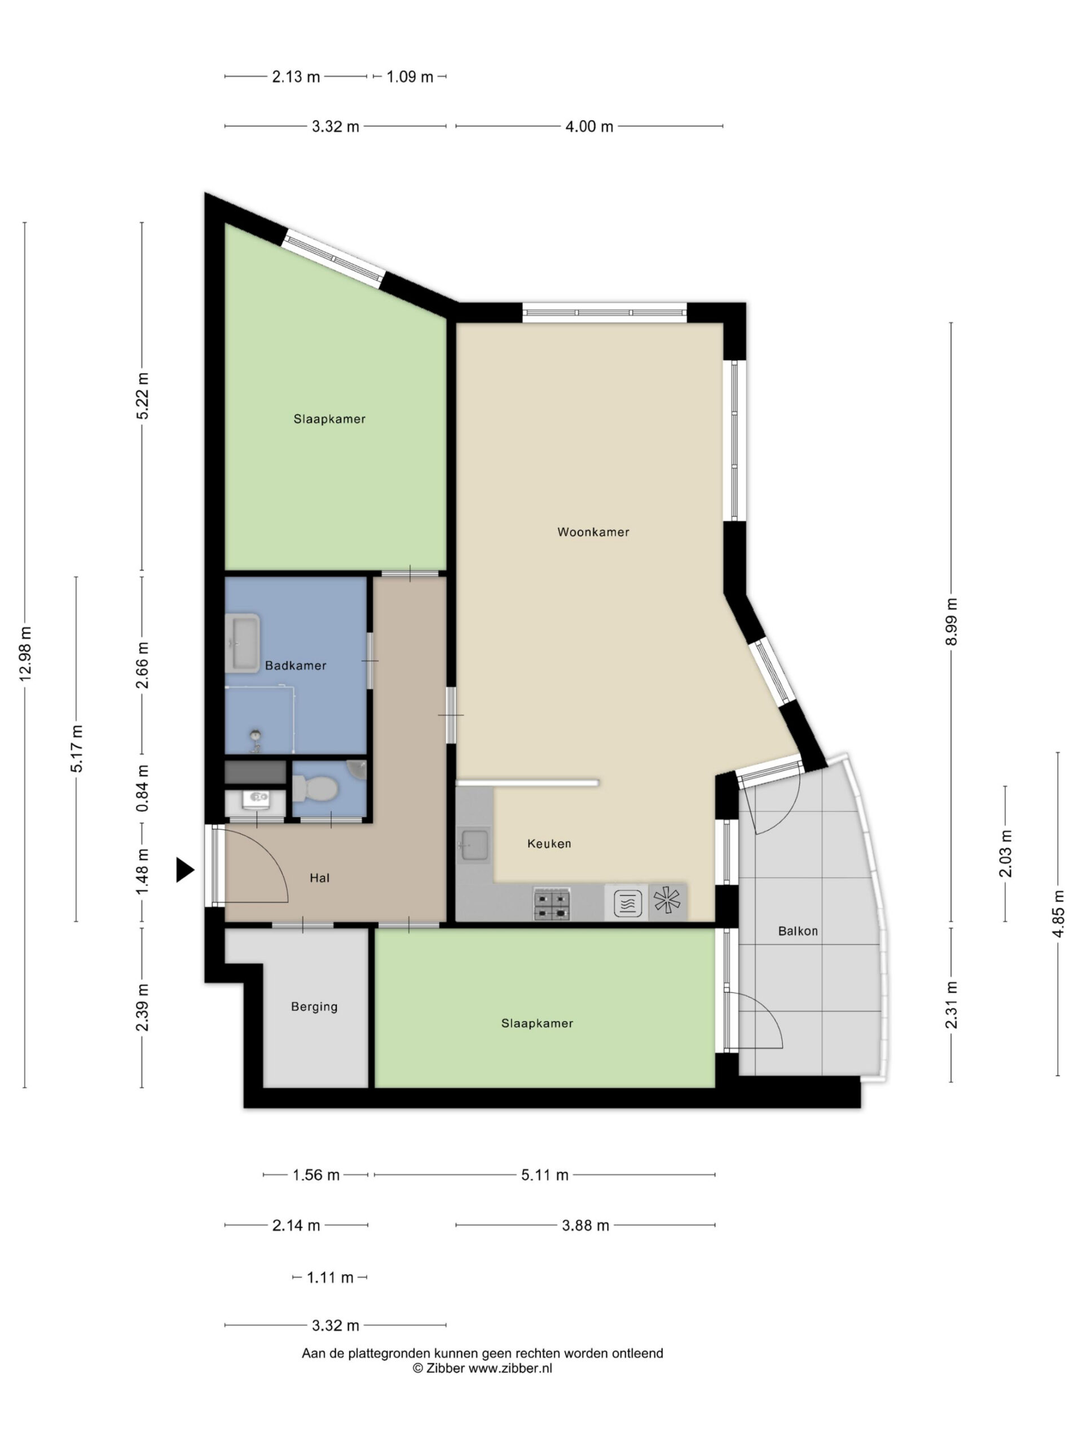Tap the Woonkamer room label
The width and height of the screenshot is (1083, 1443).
pyautogui.click(x=593, y=532)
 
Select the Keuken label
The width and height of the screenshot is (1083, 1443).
pyautogui.click(x=549, y=843)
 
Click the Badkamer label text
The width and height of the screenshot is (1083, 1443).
pyautogui.click(x=295, y=665)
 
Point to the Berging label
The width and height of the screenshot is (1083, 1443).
pyautogui.click(x=314, y=1007)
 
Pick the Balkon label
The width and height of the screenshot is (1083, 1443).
pyautogui.click(x=798, y=931)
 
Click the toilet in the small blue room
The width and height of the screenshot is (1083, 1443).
pyautogui.click(x=315, y=789)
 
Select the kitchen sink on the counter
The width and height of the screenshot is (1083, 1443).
pyautogui.click(x=473, y=846)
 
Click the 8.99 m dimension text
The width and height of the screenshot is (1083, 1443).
pyautogui.click(x=951, y=622)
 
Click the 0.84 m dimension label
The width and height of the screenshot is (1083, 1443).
pyautogui.click(x=142, y=788)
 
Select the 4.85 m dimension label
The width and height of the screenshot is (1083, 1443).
pyautogui.click(x=1058, y=913)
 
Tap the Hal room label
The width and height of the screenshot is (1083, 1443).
pyautogui.click(x=319, y=878)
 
